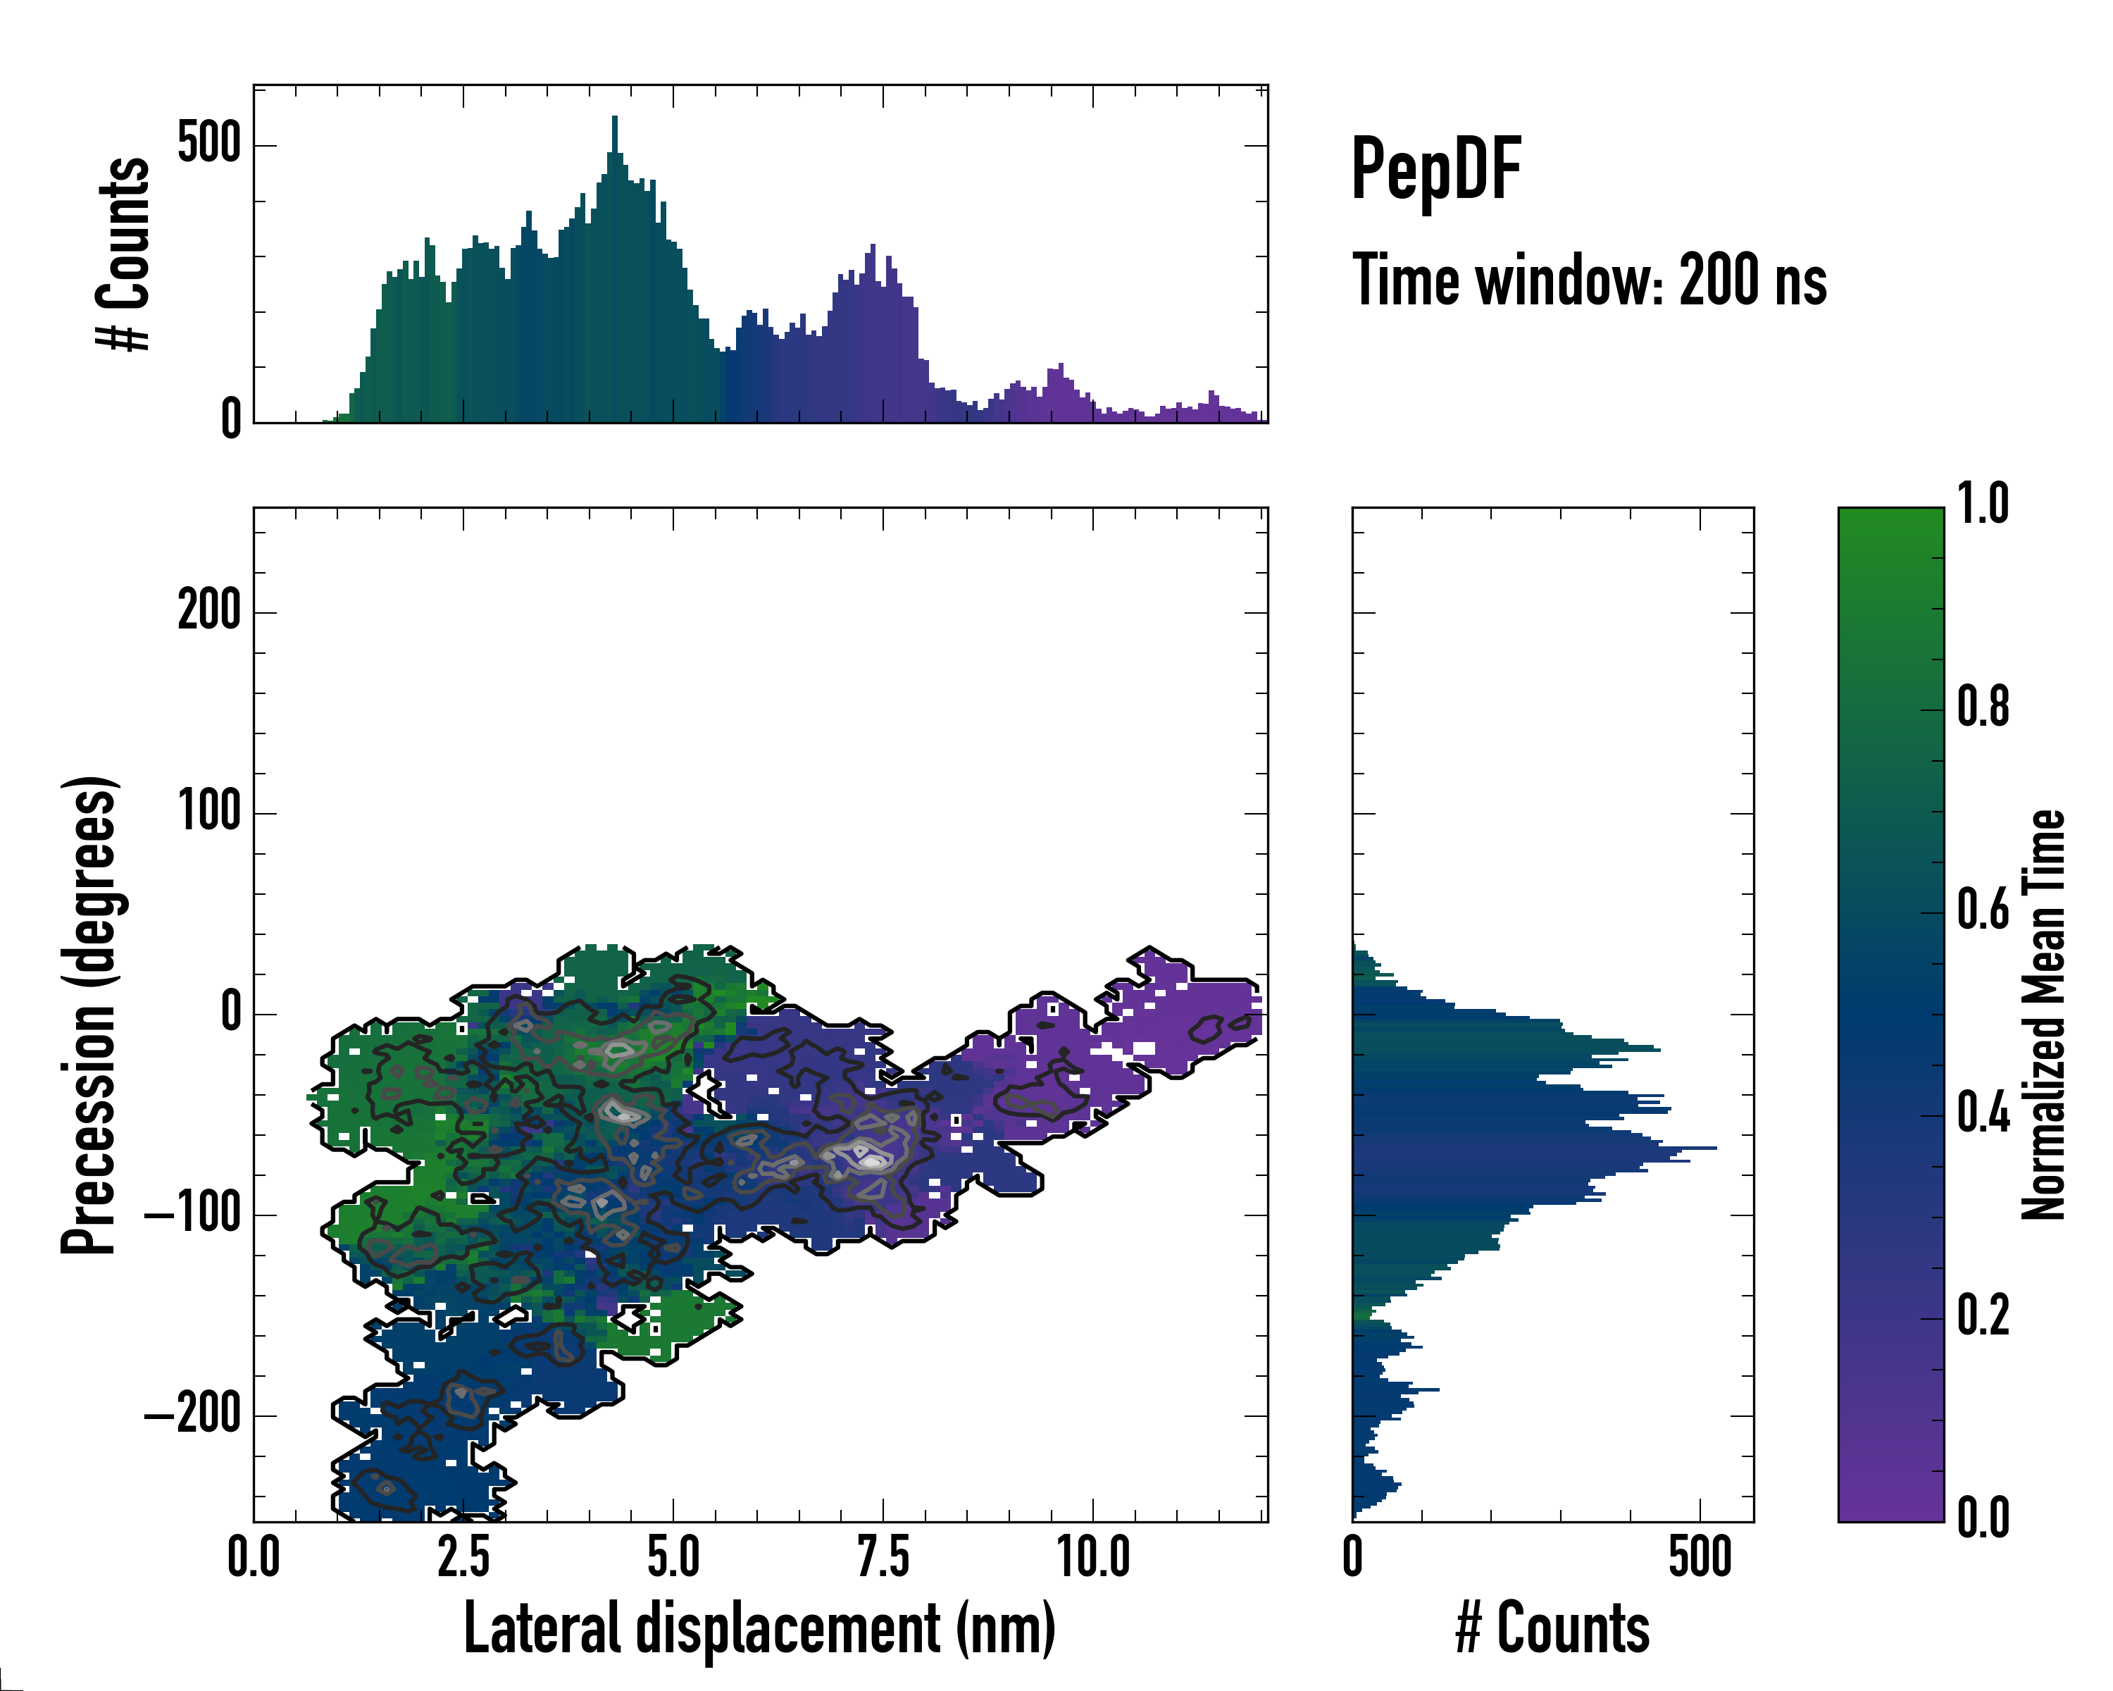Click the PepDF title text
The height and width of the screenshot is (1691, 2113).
pyautogui.click(x=1435, y=170)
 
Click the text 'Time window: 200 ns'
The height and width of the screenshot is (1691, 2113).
pyautogui.click(x=1589, y=280)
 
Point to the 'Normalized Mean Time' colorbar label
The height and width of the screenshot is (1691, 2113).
pyautogui.click(x=2043, y=1015)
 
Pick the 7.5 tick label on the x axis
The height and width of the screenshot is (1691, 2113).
pyautogui.click(x=883, y=1558)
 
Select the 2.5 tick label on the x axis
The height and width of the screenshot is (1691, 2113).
pyautogui.click(x=463, y=1558)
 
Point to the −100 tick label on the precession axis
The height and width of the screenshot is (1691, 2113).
pyautogui.click(x=193, y=1215)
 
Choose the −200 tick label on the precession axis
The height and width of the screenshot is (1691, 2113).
pyautogui.click(x=193, y=1416)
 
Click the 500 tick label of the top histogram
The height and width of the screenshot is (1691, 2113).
pyautogui.click(x=208, y=144)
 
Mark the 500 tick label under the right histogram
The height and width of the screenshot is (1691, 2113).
pyautogui.click(x=1700, y=1558)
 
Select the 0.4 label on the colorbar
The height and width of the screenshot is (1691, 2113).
pyautogui.click(x=1983, y=1115)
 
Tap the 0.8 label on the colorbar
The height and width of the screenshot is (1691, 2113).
pyautogui.click(x=1983, y=708)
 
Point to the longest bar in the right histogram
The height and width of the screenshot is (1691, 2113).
pyautogui.click(x=1534, y=1147)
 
